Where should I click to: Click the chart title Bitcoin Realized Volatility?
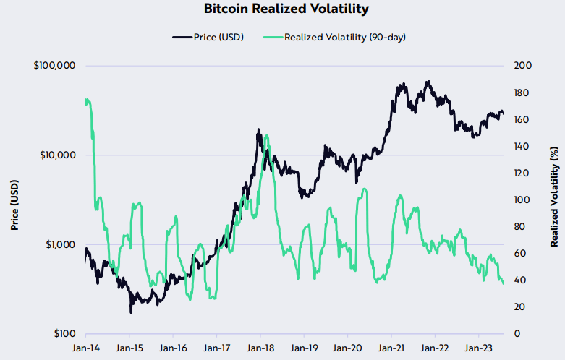(282, 9)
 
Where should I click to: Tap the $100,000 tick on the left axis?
(54, 66)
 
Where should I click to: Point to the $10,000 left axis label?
(57, 155)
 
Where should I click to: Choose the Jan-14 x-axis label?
(85, 348)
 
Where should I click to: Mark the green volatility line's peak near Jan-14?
(87, 99)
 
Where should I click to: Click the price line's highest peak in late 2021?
(428, 81)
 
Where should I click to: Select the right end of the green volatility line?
(504, 283)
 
